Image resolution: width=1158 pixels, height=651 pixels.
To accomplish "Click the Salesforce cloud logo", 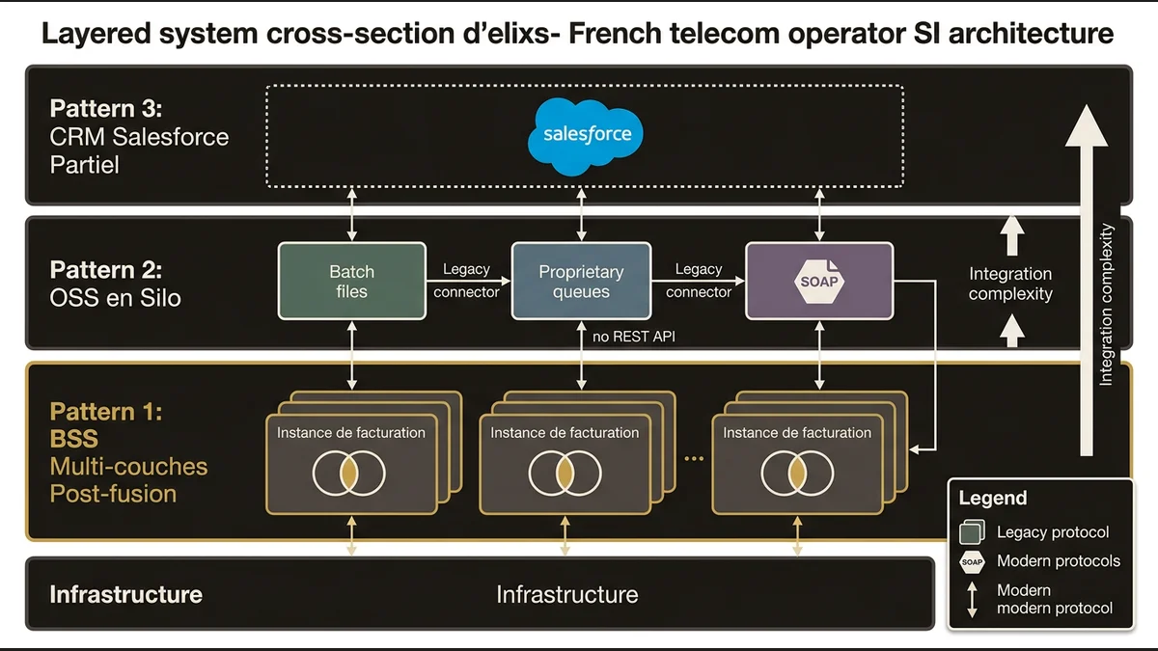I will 586,134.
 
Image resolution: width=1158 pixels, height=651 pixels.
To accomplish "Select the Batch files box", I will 351,281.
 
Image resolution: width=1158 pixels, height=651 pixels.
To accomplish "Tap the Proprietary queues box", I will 581,281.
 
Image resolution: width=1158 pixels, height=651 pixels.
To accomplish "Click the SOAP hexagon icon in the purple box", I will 819,282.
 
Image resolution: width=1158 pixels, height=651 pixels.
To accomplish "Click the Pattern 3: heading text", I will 106,108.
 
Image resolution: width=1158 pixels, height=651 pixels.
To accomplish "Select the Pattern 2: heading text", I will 106,268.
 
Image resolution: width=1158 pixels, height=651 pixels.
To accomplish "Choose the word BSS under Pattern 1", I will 74,439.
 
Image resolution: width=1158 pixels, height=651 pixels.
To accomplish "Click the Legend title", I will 992,499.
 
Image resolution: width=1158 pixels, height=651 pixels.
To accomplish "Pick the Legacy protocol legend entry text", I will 1053,531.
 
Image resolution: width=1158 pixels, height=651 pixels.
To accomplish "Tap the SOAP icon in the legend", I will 972,561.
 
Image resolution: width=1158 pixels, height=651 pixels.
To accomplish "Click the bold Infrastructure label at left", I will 125,594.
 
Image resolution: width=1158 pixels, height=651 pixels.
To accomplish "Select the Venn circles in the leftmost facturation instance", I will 349,472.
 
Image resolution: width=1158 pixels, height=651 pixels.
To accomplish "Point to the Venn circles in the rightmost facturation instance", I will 796,472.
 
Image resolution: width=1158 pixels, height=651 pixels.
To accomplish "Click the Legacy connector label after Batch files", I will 467,281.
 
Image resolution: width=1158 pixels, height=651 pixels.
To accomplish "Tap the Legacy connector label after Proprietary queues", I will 699,281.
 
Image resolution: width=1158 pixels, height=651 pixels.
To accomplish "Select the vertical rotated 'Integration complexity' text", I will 1107,304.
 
